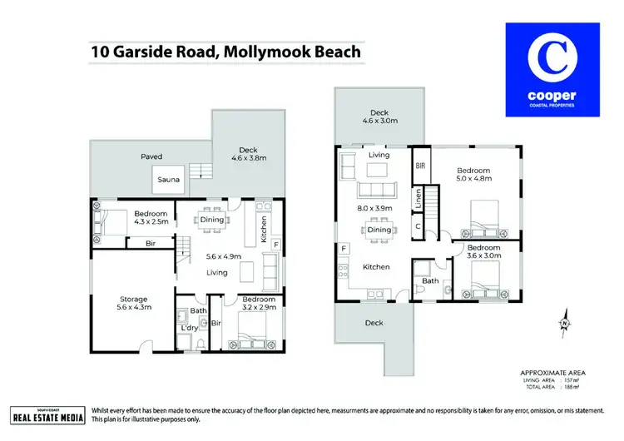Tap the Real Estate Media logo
(x=47, y=416)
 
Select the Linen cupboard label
(x=421, y=199)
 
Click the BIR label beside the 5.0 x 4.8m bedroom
(x=421, y=166)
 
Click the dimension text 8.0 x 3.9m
(x=379, y=211)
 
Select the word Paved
(x=151, y=156)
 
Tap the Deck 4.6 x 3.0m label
(x=379, y=117)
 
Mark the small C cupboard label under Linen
(x=421, y=226)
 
